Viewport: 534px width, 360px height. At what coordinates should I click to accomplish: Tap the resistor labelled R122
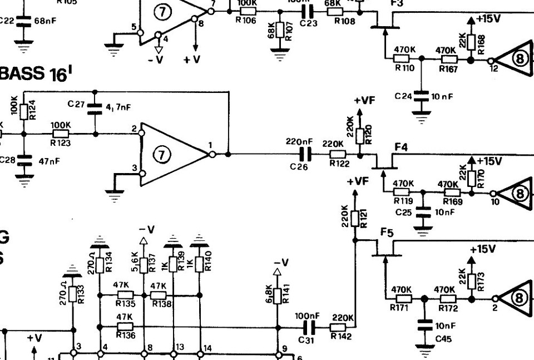coord(337,154)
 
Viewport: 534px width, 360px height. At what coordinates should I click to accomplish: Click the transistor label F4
coord(402,147)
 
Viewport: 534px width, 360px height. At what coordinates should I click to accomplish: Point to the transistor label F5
coord(387,232)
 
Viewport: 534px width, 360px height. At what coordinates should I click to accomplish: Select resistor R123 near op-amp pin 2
coord(61,134)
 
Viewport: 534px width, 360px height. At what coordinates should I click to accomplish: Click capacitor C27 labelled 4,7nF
coord(95,108)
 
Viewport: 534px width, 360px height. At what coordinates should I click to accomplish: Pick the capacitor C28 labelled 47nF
coord(23,161)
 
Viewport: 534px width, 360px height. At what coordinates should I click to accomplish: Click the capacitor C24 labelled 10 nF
coord(421,96)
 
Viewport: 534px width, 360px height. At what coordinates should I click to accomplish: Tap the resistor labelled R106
coord(247,11)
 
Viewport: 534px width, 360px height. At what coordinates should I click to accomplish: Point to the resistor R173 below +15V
coord(472,280)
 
